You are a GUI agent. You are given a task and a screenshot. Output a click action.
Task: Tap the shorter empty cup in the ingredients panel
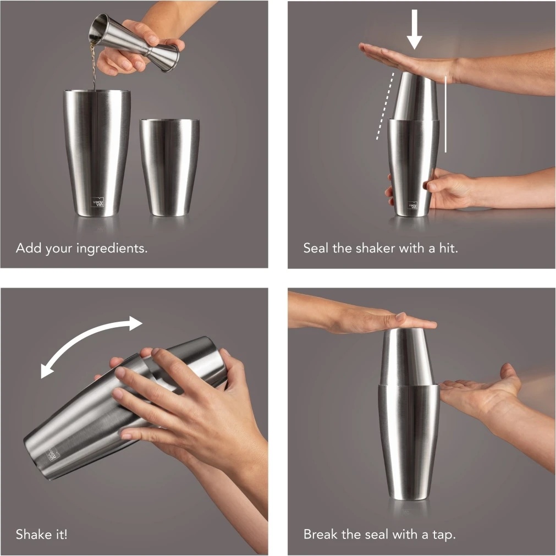point(169,167)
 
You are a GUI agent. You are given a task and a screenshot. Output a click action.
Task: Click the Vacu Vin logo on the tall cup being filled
point(97,203)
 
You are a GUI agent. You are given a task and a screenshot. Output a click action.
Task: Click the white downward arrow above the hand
point(414,30)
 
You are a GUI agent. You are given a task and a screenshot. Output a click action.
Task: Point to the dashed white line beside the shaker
point(385,106)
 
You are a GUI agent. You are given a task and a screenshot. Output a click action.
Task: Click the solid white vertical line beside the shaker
point(445,113)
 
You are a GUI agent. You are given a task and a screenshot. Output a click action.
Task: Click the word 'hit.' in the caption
point(449,248)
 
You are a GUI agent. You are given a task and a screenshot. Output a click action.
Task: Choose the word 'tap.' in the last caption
point(444,535)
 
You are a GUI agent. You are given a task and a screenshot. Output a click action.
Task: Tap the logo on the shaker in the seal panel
point(412,205)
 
